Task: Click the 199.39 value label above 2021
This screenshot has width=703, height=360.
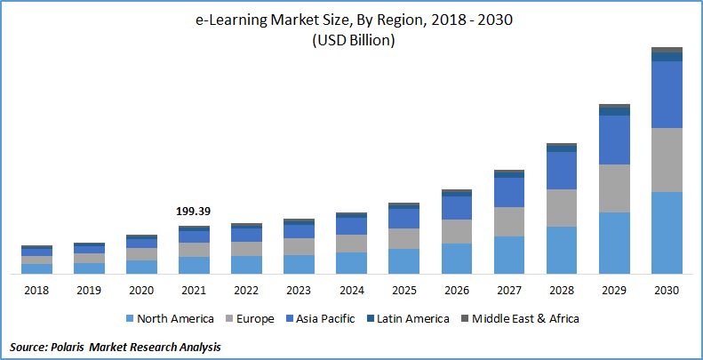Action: [x=194, y=212]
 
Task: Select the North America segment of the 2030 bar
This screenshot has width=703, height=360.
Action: [x=667, y=232]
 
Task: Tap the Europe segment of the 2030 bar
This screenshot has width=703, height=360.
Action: [x=667, y=159]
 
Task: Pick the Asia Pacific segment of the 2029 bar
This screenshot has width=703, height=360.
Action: [x=614, y=140]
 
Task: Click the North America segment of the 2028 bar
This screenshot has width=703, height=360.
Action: [x=562, y=250]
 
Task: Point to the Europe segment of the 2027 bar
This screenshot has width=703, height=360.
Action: [x=509, y=221]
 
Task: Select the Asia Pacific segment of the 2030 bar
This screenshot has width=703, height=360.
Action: [x=667, y=94]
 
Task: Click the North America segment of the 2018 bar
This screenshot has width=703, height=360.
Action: [x=37, y=268]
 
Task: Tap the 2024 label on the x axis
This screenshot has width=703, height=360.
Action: [x=351, y=290]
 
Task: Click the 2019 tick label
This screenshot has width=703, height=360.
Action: [x=89, y=290]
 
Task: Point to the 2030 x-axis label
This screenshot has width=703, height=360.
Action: [x=667, y=290]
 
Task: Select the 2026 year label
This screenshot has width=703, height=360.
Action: [x=456, y=290]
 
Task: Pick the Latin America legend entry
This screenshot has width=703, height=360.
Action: [x=411, y=318]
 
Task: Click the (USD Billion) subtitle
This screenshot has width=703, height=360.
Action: [x=353, y=41]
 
